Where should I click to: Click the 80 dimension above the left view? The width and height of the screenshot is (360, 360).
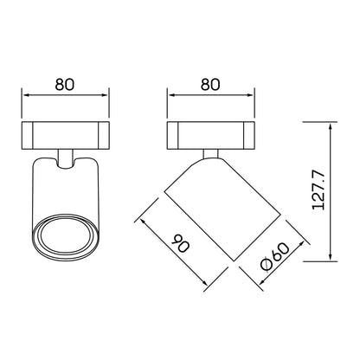pos(65,85)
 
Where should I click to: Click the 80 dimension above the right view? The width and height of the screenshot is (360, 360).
pos(210,85)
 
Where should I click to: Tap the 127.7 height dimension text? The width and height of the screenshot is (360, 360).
pos(318,190)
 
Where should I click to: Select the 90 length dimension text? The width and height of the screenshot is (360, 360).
pos(181,243)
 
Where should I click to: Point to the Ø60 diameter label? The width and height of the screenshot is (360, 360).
pos(274,257)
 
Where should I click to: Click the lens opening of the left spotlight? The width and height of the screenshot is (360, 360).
pos(65,237)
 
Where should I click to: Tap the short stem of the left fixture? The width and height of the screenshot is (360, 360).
pos(66,158)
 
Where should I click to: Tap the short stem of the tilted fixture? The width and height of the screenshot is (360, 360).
pos(210,154)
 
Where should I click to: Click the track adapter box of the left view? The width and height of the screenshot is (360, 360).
pos(66,136)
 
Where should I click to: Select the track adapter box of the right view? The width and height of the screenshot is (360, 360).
pos(210,136)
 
